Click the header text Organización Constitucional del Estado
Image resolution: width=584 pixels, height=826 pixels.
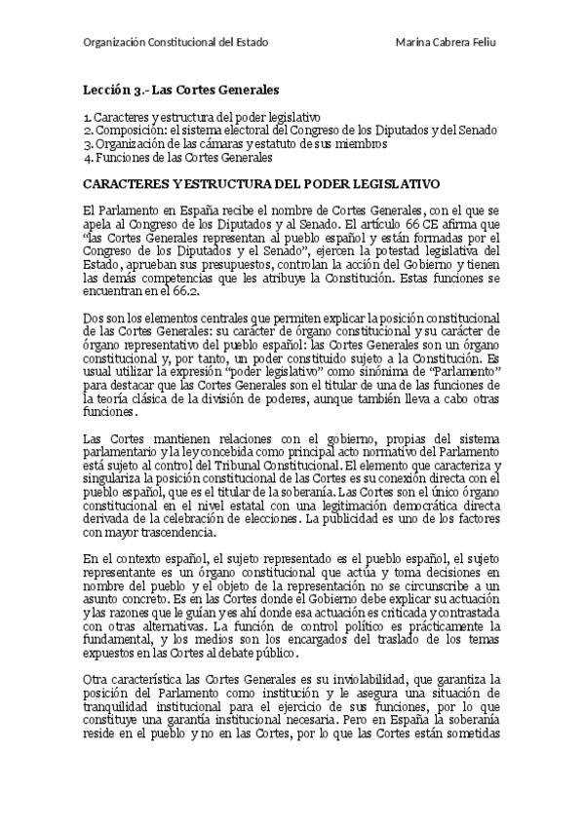(x=175, y=44)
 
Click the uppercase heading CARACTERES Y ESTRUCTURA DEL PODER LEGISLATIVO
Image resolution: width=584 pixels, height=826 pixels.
(x=261, y=183)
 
